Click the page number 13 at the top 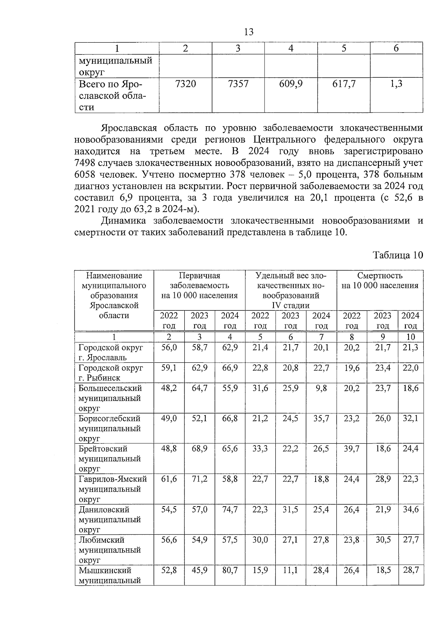point(249,32)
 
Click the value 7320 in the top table point(185,84)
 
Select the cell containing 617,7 point(344,84)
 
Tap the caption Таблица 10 point(397,255)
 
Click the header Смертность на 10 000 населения point(380,281)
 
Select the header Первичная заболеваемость point(199,285)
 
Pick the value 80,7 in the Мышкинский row point(230,570)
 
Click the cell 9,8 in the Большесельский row point(321,388)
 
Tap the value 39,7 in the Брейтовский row point(351,449)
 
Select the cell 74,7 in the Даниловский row point(230,510)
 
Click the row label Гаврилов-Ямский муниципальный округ point(112,489)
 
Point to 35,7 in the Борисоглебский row point(321,419)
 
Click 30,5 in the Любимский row point(383,540)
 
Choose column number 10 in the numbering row point(410,337)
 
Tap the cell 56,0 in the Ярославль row point(169,348)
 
